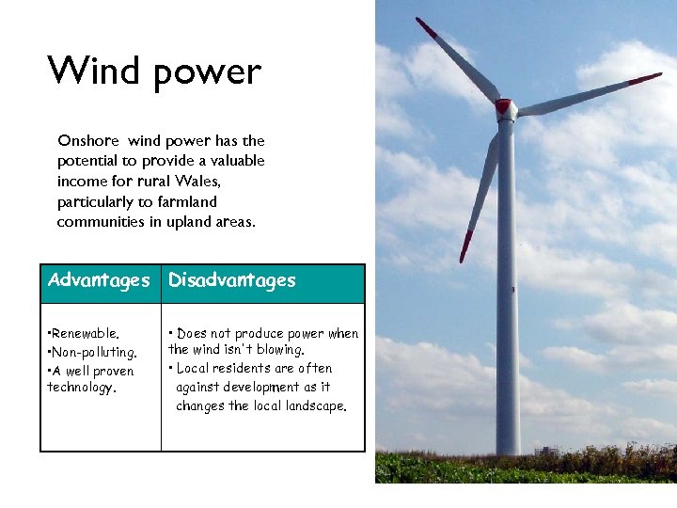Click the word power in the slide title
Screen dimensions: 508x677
pos(202,73)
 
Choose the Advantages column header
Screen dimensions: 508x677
pos(99,280)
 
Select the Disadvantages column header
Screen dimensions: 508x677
pos(231,280)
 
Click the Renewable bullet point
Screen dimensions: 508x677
pos(84,333)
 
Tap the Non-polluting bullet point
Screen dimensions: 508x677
pos(92,352)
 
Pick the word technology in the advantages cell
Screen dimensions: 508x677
pos(81,388)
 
